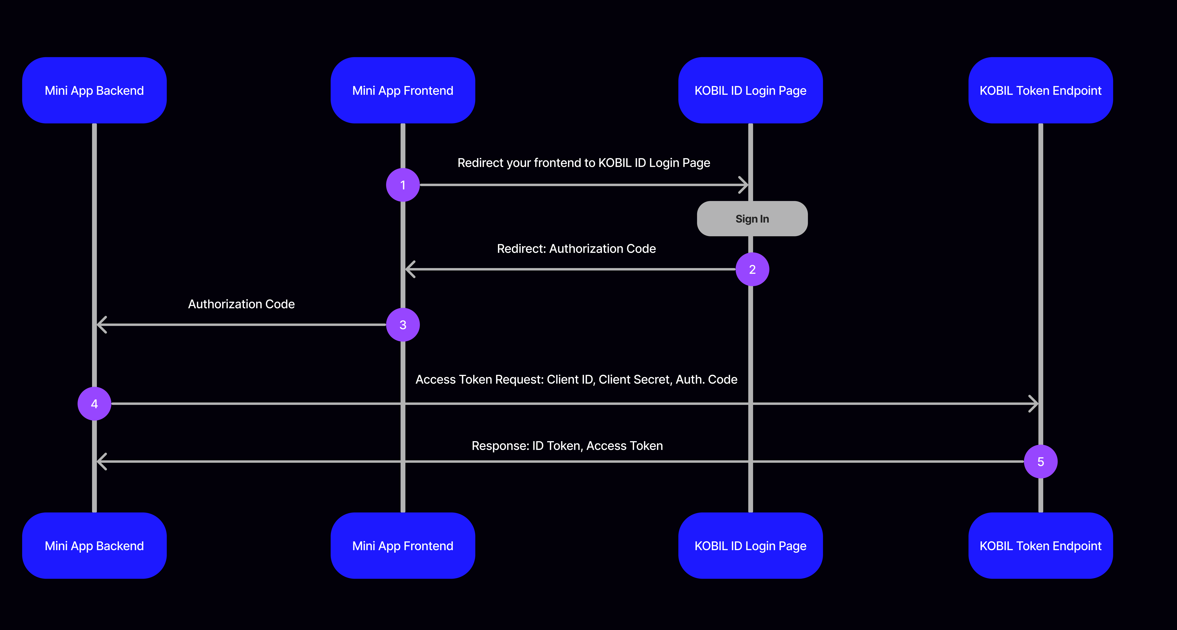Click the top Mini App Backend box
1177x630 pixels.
[x=94, y=90]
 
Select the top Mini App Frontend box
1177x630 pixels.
[x=403, y=90]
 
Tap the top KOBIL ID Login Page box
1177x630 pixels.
[x=750, y=90]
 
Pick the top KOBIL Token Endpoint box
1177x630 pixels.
[x=1040, y=90]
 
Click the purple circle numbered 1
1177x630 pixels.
[x=403, y=185]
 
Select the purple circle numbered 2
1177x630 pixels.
[x=752, y=270]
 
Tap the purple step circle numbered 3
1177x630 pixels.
[x=403, y=325]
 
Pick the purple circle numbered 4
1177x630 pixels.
[x=94, y=404]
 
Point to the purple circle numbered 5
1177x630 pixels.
[x=1040, y=462]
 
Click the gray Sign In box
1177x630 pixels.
[x=752, y=219]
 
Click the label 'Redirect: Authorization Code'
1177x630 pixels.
[x=576, y=248]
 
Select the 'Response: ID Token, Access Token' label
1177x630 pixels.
[x=567, y=446]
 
